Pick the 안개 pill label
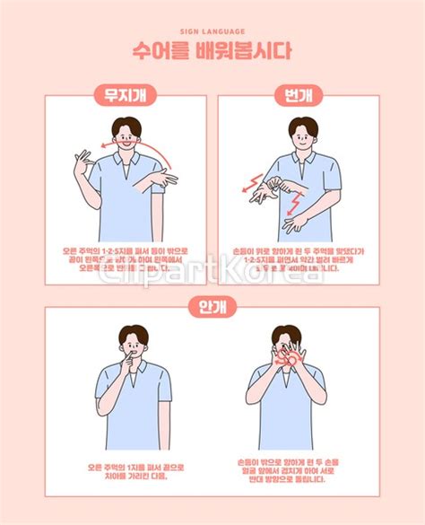[212, 308]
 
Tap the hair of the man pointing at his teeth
[133, 334]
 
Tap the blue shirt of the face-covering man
[287, 413]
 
